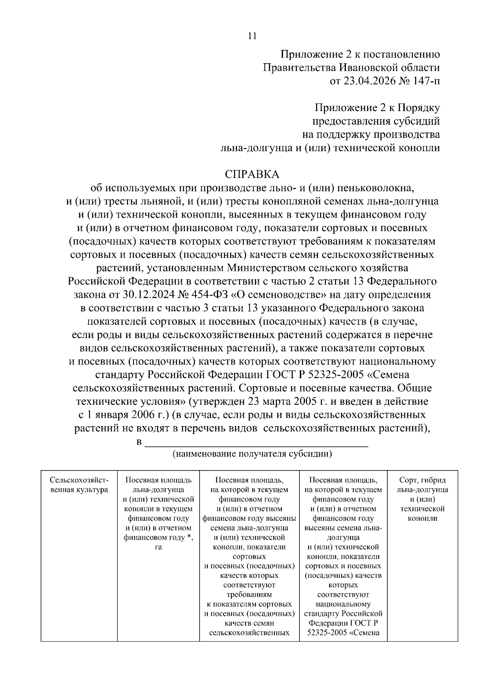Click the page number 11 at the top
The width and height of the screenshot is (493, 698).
pos(252,36)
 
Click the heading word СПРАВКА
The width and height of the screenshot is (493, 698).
pos(252,174)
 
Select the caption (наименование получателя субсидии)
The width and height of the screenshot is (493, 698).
pos(252,454)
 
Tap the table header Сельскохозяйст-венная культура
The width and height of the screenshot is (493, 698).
pos(79,485)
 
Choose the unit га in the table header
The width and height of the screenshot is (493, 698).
pos(158,547)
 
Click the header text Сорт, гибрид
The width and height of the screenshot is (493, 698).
pos(422,480)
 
